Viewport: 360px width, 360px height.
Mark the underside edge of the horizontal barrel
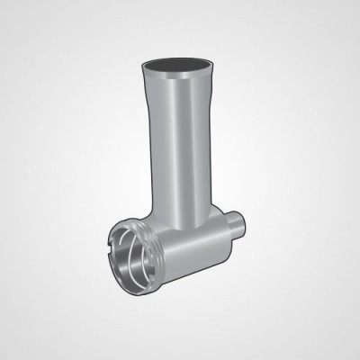(193, 274)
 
